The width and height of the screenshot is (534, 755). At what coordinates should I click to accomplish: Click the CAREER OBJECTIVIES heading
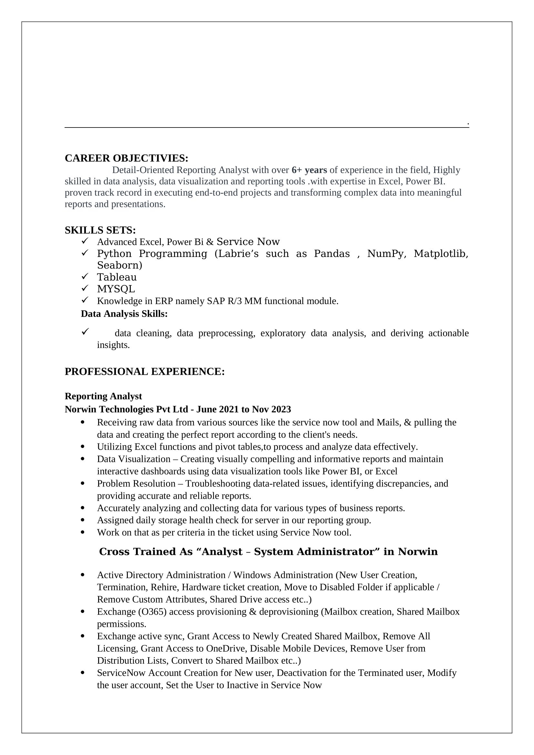pos(126,158)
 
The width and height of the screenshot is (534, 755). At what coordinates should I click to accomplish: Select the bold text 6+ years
pos(309,170)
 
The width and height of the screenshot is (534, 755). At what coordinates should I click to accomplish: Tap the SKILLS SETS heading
pos(100,230)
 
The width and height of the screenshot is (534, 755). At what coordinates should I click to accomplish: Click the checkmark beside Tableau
pos(85,277)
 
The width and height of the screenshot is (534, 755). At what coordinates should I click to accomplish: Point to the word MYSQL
pos(116,289)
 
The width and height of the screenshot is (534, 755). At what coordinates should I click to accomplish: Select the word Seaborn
pos(119,265)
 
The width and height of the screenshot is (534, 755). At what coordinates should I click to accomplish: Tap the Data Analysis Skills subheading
pos(124,314)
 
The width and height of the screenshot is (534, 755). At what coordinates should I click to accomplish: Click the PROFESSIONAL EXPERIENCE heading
pos(145,371)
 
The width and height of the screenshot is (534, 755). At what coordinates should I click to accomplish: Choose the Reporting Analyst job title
pos(103,396)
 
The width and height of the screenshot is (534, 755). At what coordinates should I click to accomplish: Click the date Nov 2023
pos(271,409)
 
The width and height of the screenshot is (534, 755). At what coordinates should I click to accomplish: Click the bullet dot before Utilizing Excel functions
pos(83,446)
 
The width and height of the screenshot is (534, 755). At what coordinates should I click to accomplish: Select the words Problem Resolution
pos(136,484)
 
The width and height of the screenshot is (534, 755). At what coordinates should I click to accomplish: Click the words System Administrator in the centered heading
pos(314,551)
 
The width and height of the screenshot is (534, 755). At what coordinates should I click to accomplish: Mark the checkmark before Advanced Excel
pos(85,241)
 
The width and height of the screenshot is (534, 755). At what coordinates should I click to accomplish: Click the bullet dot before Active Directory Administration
pos(83,575)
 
